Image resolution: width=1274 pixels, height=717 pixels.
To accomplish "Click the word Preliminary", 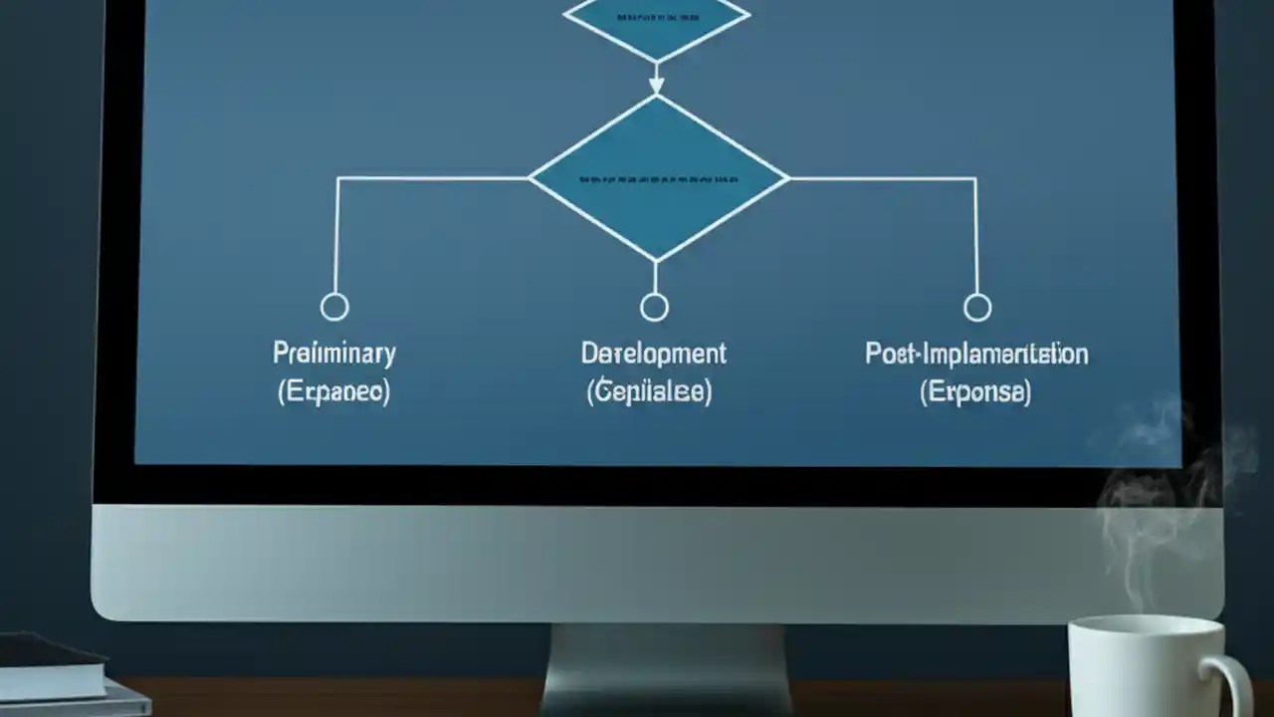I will (334, 354).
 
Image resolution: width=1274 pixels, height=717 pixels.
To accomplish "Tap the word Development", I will (653, 354).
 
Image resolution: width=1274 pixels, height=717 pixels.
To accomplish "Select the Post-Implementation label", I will (976, 354).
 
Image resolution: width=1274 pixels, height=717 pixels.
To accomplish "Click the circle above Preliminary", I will (334, 307).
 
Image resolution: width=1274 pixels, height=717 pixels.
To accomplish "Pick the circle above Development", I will (654, 307).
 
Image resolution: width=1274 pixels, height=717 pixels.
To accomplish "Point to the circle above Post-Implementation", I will (977, 307).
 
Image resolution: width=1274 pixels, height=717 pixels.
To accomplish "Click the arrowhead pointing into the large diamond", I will (656, 87).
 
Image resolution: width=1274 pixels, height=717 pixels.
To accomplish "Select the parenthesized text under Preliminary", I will (333, 391).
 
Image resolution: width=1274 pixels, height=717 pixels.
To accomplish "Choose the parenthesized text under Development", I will (649, 391).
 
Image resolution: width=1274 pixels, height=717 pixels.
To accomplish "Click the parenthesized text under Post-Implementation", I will (975, 391).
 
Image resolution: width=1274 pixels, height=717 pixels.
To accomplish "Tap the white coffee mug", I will (1145, 667).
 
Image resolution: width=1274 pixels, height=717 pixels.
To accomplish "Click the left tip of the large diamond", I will (531, 179).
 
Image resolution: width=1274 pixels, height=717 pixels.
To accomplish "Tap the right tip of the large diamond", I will (786, 179).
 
